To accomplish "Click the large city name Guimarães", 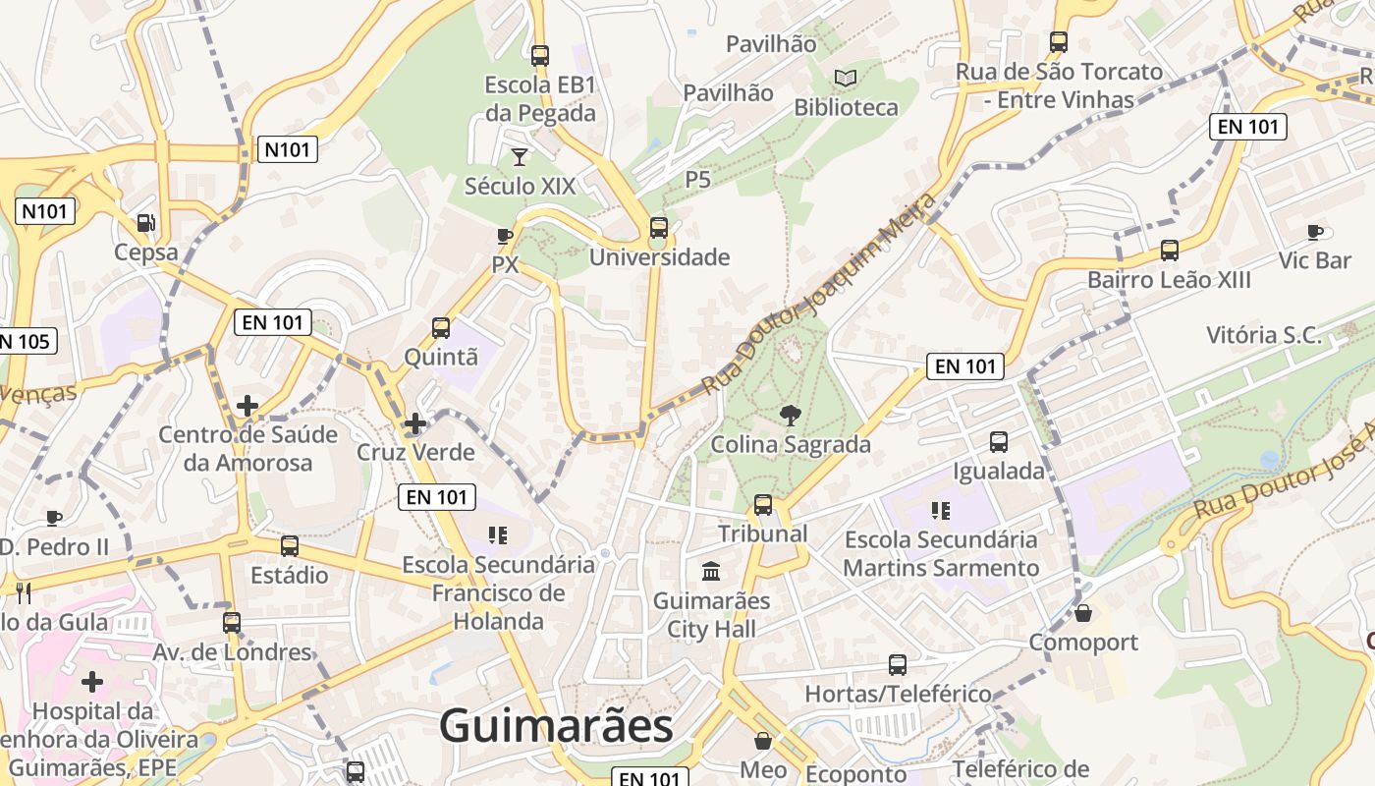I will point(556,726).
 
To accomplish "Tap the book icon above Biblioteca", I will point(846,78).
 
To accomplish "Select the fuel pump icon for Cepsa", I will point(146,223).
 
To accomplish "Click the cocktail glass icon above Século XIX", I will point(520,156).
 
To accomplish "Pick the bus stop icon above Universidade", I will point(659,228).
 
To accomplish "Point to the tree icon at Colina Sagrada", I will point(790,416).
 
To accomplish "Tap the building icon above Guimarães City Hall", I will point(711,571).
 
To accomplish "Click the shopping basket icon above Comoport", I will point(1083,613).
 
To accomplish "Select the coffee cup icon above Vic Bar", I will point(1315,232).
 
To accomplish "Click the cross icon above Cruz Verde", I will point(415,423).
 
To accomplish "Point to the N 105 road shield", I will point(27,341).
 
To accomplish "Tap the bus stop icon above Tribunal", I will point(763,505).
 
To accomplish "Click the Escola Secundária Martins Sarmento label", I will point(941,553).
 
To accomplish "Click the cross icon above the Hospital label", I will point(92,682).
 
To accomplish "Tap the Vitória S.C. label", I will point(1264,335).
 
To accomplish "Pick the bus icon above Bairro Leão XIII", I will point(1170,250).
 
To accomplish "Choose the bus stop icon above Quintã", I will point(441,327).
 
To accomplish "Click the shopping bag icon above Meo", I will point(763,741).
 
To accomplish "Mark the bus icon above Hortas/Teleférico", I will point(898,664).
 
